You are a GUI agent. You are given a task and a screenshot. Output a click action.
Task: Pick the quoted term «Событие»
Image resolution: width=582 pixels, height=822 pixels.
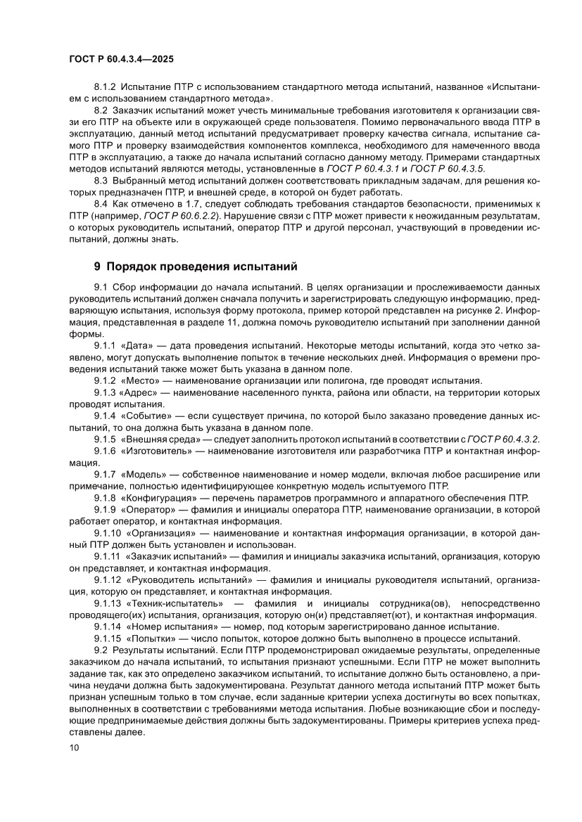(148, 416)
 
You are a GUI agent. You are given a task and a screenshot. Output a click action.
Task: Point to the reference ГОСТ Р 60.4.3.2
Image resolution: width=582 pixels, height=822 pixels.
(500, 439)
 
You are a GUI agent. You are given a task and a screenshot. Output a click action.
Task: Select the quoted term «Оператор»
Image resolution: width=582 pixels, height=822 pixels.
(148, 508)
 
